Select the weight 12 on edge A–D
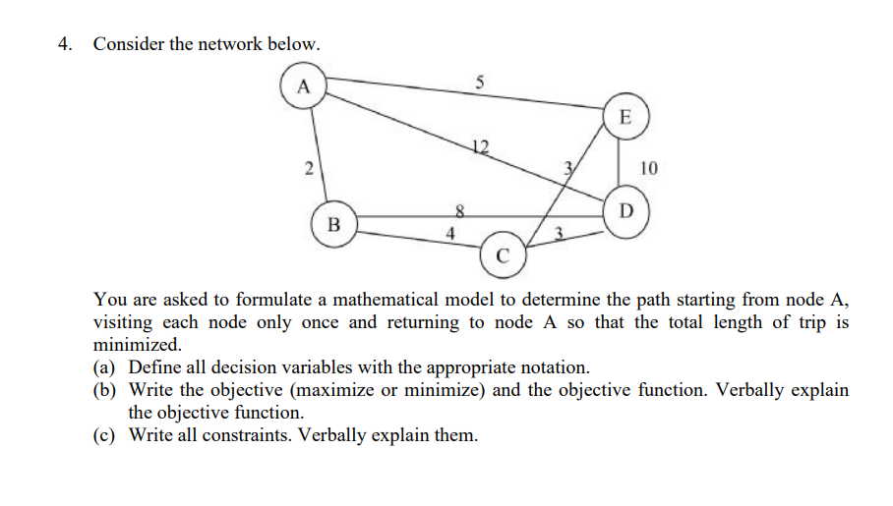[x=479, y=147]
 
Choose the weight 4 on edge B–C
[x=449, y=234]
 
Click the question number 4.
[x=65, y=44]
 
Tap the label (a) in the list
[x=106, y=367]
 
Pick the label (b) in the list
[x=106, y=390]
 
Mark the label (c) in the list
[x=106, y=435]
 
